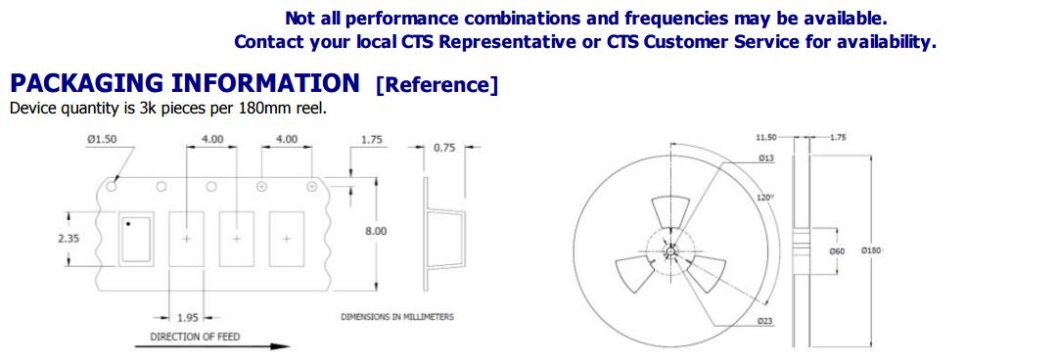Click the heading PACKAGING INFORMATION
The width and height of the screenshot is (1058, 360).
(x=184, y=83)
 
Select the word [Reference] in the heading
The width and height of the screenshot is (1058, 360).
(x=437, y=85)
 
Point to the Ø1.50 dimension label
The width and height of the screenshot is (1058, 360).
(x=102, y=139)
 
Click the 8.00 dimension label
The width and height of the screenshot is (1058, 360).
(x=376, y=231)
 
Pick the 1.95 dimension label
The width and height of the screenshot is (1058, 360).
(x=187, y=318)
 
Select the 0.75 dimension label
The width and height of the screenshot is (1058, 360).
(x=444, y=149)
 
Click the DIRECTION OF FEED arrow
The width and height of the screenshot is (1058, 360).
(x=212, y=346)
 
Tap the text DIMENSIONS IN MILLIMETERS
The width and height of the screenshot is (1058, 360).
(x=396, y=316)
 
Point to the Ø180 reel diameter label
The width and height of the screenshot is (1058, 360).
(x=872, y=250)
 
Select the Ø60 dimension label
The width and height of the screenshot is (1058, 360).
(x=837, y=250)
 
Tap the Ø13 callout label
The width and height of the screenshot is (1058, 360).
(x=765, y=157)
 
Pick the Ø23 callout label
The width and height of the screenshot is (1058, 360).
(x=764, y=322)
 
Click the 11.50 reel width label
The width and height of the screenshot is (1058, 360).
(x=766, y=137)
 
